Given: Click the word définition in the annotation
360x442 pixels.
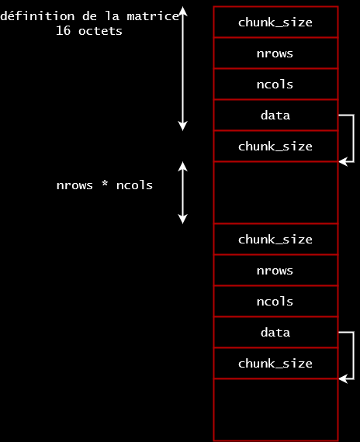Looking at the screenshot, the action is tap(37, 16).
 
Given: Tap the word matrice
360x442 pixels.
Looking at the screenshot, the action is tap(153, 16).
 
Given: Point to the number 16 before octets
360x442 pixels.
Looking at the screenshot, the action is tap(63, 31).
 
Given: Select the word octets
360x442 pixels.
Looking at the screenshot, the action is tap(100, 31).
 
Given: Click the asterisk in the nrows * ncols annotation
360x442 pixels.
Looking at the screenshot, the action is tap(105, 185).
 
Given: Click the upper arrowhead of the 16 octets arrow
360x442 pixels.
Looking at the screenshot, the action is tap(183, 12).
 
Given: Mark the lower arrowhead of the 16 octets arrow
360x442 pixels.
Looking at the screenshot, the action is tap(183, 126).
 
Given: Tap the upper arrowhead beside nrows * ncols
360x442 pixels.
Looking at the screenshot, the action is tap(183, 166).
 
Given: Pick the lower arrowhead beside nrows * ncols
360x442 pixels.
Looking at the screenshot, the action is tap(183, 219).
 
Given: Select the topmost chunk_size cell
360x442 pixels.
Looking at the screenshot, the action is tap(275, 22).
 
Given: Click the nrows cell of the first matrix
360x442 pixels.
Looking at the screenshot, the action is tap(275, 53).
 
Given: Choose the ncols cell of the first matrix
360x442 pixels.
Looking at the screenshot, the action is tap(275, 84).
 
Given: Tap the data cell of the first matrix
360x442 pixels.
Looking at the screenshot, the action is tap(275, 115).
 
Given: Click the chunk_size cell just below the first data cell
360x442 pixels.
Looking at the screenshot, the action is tap(275, 146).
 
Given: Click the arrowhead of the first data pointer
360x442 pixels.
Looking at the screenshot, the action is tap(343, 162).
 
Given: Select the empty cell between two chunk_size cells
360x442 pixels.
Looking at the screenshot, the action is tap(275, 192).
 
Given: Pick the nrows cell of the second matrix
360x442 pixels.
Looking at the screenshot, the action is tap(275, 270).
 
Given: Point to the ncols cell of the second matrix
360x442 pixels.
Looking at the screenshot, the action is tap(275, 301).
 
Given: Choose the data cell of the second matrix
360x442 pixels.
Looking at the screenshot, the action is tap(275, 332).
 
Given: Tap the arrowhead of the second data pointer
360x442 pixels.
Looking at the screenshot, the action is tap(343, 379).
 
